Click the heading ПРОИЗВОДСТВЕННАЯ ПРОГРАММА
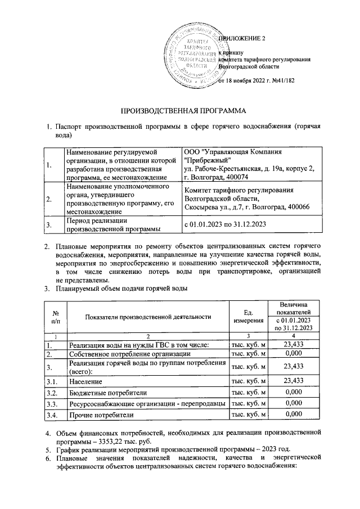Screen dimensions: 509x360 coord(181,111)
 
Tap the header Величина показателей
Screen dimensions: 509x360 coord(294,308)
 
